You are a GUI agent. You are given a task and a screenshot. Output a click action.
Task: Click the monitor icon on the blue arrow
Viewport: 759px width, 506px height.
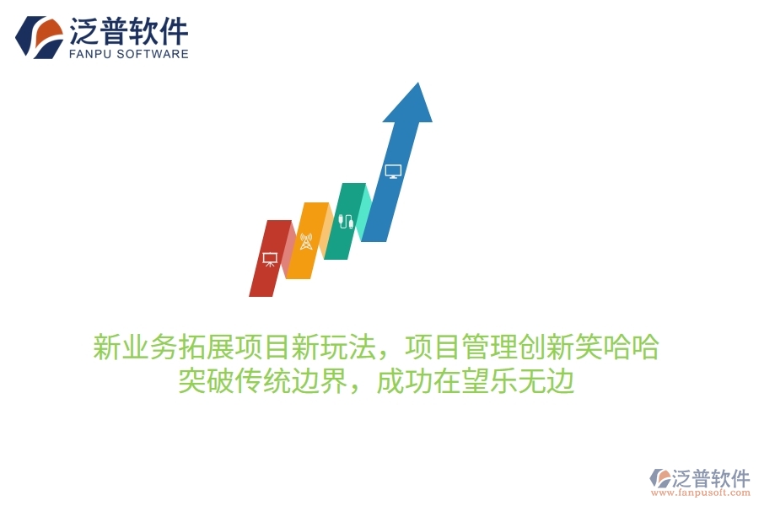pos(393,171)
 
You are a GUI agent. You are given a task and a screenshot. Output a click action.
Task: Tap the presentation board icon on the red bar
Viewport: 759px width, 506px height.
pos(270,259)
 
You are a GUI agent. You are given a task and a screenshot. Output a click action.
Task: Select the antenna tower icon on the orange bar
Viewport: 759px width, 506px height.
pos(305,242)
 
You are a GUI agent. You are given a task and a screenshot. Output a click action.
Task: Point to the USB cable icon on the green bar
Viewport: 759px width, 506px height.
pos(344,223)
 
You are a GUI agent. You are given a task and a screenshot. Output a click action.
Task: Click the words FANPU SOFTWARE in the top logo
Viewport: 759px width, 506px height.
pos(127,54)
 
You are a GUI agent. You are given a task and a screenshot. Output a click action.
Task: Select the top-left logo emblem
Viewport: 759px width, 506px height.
pos(39,35)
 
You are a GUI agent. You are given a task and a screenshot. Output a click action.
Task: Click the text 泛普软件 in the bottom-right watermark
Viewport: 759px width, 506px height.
pos(711,478)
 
